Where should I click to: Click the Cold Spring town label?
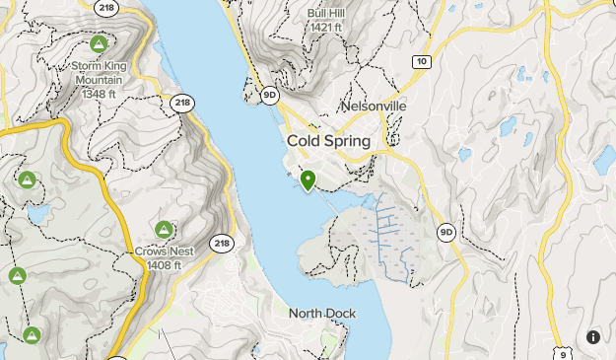coord(329,141)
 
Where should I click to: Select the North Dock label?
coord(322,314)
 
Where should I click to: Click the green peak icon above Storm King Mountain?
coord(99,44)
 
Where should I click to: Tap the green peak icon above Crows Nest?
coord(164,230)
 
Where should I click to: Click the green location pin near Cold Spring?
coord(308,180)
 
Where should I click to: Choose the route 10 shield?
coord(422,61)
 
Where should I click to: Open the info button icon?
coord(593,337)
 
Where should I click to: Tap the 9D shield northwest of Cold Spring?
coord(270,95)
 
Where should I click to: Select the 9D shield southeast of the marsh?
coord(446,233)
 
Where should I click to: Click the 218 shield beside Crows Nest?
coord(222,243)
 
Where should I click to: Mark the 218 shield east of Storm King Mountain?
coord(181,103)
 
